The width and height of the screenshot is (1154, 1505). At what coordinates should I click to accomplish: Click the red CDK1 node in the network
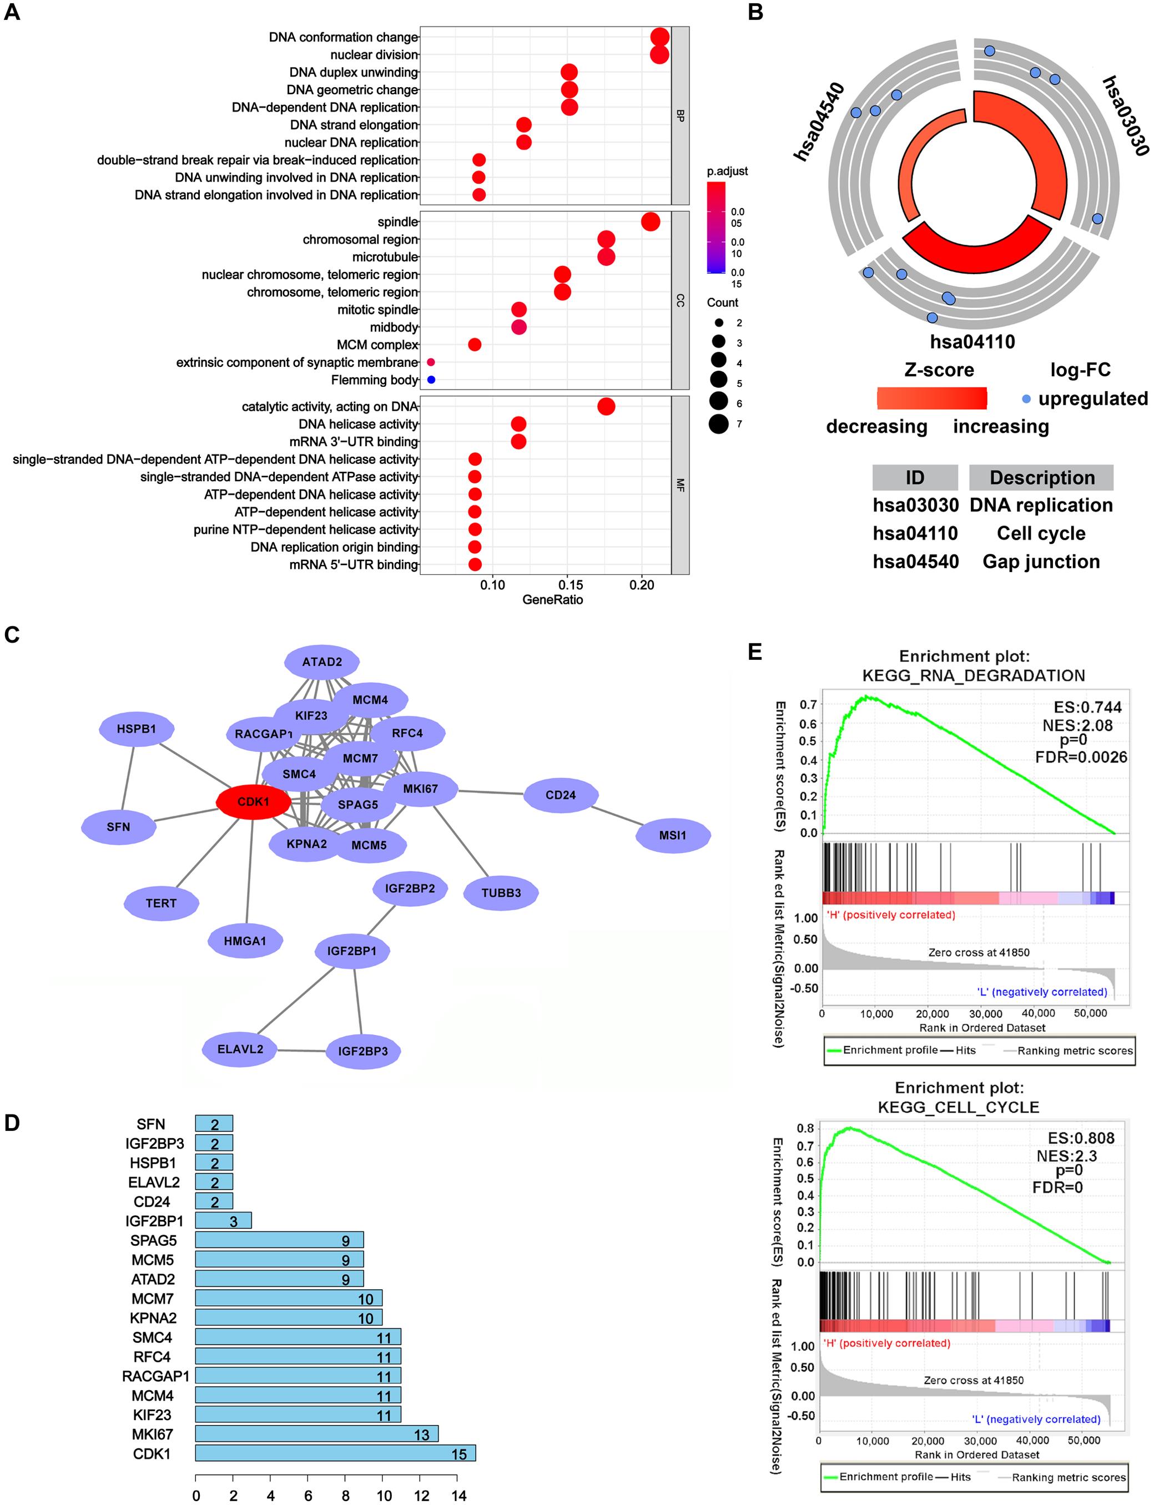(x=254, y=801)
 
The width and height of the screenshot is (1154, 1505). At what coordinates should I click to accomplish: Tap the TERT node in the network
(x=162, y=903)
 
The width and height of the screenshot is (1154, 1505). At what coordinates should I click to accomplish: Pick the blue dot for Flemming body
(x=431, y=380)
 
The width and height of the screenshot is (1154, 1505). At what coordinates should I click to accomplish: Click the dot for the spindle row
(x=650, y=222)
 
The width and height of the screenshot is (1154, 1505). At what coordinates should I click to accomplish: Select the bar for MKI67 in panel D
(x=316, y=1435)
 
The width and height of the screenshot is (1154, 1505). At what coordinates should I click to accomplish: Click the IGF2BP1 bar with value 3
(x=223, y=1220)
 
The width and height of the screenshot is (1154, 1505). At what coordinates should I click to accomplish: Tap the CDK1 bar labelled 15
(x=335, y=1453)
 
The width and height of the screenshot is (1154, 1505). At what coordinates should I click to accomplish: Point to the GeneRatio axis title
(x=552, y=600)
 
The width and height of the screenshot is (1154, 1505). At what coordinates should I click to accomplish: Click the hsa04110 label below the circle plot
(x=972, y=342)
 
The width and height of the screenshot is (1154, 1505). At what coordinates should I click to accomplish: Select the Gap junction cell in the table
(x=1041, y=562)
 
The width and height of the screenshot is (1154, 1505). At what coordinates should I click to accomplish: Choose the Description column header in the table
(x=1041, y=478)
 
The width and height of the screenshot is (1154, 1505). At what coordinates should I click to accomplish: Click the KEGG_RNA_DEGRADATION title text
(x=974, y=675)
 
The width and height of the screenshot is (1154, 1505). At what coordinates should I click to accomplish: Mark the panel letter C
(x=12, y=635)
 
